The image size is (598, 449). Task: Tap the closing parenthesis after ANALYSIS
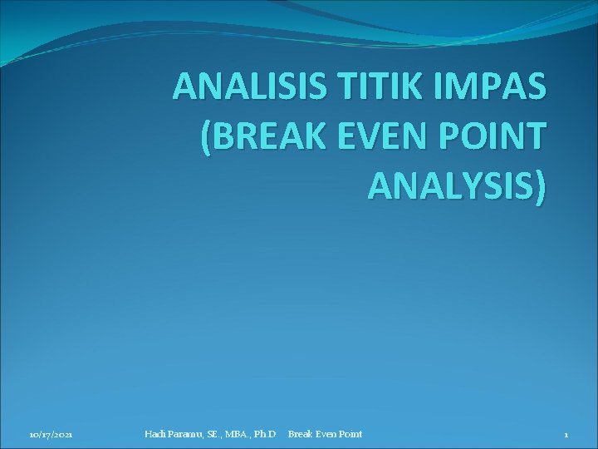pos(542,188)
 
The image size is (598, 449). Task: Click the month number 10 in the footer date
pos(34,435)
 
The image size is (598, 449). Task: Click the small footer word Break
pos(300,434)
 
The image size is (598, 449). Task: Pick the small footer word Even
pos(326,434)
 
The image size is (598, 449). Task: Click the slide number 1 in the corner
pos(566,435)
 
